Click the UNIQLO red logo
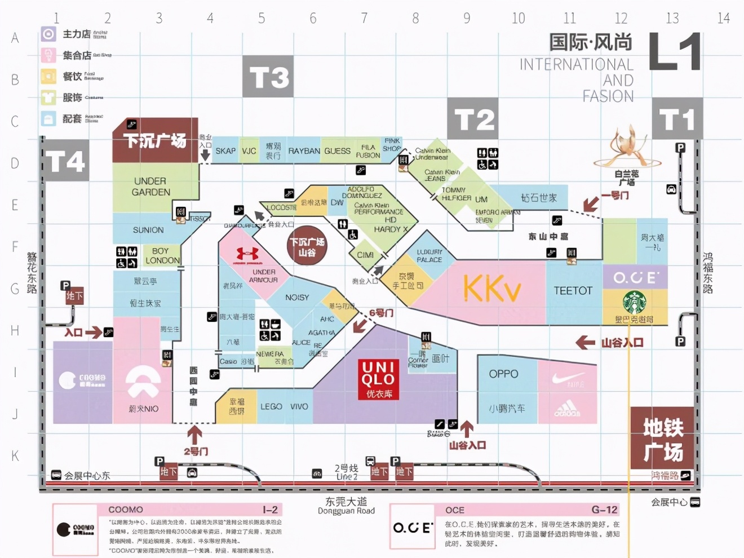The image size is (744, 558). pyautogui.click(x=379, y=379)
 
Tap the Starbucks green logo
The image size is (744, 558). pyautogui.click(x=634, y=303)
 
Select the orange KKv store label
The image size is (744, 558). pyautogui.click(x=491, y=289)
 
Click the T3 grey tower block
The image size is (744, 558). pyautogui.click(x=268, y=76)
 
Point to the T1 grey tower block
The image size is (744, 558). pyautogui.click(x=677, y=118)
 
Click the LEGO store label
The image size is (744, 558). pyautogui.click(x=271, y=406)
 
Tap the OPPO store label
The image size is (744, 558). pyautogui.click(x=503, y=374)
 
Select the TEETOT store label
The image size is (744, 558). pyautogui.click(x=573, y=291)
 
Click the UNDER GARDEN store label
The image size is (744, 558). pyautogui.click(x=150, y=187)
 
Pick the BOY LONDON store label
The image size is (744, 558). pyautogui.click(x=162, y=255)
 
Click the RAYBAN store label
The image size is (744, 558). pyautogui.click(x=304, y=151)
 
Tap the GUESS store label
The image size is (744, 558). pyautogui.click(x=337, y=151)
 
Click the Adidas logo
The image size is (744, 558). pyautogui.click(x=567, y=408)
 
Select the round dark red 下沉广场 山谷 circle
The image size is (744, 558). pyautogui.click(x=307, y=247)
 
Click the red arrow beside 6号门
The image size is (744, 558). pyautogui.click(x=359, y=325)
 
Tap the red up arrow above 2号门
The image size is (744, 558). pyautogui.click(x=194, y=435)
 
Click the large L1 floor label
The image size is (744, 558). pyautogui.click(x=675, y=52)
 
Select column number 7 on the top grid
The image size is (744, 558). pyautogui.click(x=364, y=19)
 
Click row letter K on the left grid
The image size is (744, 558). pyautogui.click(x=15, y=455)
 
